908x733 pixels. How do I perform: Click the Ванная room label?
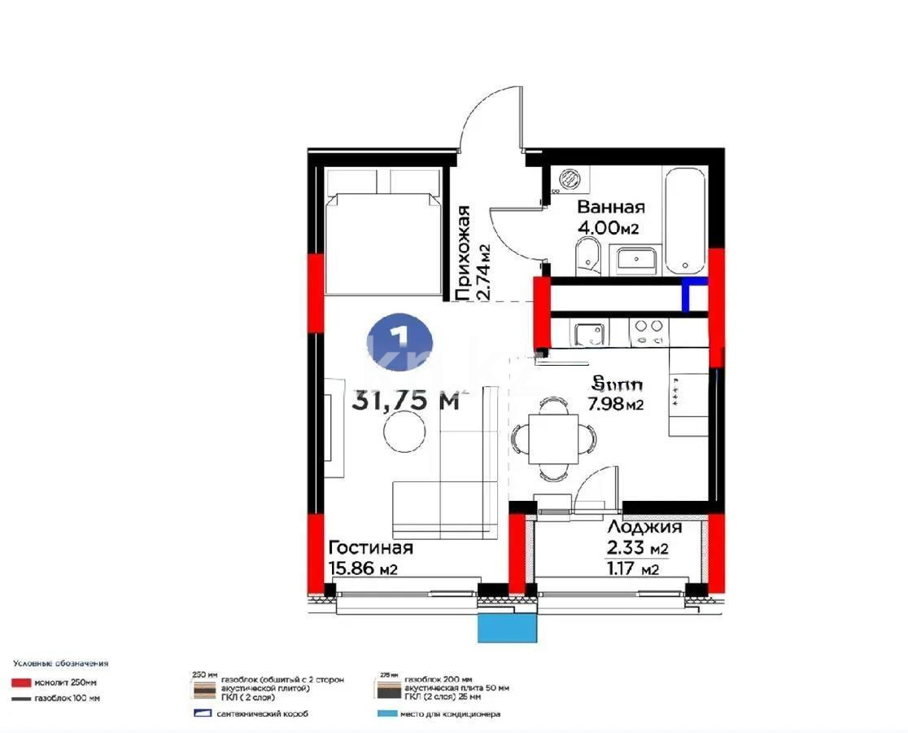[x=611, y=207]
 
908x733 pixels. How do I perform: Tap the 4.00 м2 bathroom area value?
[x=607, y=228]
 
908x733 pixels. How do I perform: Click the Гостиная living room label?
[x=370, y=548]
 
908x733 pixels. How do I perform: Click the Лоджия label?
[x=644, y=527]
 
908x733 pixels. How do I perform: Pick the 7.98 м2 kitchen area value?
[x=616, y=403]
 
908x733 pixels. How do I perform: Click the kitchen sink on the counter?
[x=588, y=331]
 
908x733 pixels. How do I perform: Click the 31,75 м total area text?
[x=406, y=400]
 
